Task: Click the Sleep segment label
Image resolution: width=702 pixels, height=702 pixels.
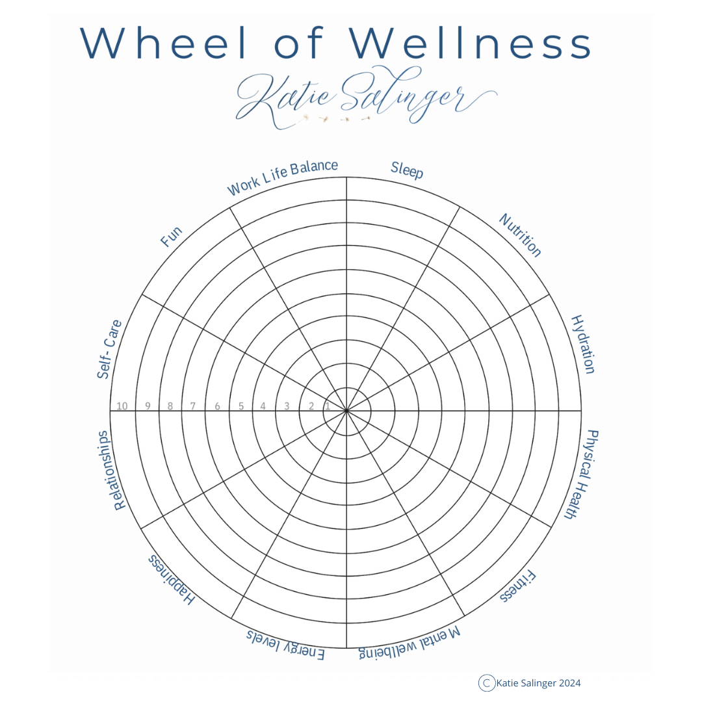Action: tap(407, 170)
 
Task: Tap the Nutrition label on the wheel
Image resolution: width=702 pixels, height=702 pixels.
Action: tap(520, 235)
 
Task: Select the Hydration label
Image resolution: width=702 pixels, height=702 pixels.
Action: tap(583, 344)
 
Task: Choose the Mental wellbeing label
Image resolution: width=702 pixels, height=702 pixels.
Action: tap(409, 643)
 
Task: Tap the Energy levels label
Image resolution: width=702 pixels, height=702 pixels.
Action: tap(285, 644)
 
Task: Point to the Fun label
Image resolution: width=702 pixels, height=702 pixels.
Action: tap(172, 237)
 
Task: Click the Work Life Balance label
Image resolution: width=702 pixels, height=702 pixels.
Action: tap(282, 177)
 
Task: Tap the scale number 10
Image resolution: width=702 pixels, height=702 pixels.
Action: tap(122, 406)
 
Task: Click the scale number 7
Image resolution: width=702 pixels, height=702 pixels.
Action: tap(192, 406)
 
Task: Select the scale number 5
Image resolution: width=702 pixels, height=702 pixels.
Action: tap(240, 406)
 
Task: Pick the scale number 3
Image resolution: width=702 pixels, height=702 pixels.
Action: tap(287, 406)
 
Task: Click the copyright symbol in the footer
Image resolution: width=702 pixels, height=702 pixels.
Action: tap(487, 682)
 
